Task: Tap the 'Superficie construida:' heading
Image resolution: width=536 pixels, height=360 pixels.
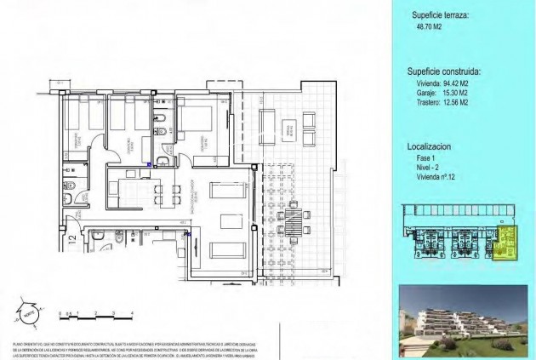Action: tap(445, 72)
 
